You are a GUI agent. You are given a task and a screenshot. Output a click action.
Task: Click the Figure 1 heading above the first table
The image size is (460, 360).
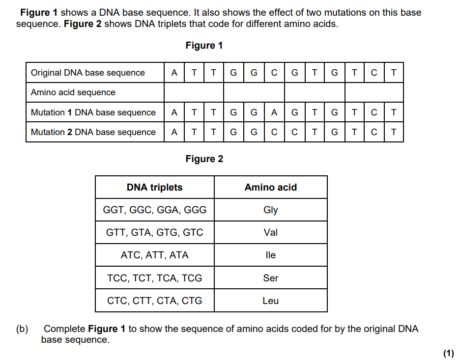click(x=204, y=46)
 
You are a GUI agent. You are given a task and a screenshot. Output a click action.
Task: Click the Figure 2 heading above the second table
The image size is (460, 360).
click(x=204, y=159)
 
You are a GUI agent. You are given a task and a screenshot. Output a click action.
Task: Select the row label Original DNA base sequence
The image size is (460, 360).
click(x=87, y=73)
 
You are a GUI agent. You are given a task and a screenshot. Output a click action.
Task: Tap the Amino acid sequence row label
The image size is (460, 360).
click(x=73, y=92)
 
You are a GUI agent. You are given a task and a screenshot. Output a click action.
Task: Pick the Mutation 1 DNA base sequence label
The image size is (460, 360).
click(x=93, y=112)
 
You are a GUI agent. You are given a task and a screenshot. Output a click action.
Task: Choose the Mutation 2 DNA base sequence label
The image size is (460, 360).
click(x=93, y=132)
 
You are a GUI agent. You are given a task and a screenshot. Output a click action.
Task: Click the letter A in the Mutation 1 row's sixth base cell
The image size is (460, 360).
click(x=274, y=112)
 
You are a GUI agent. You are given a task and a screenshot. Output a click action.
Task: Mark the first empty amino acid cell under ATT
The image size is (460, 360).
click(x=194, y=92)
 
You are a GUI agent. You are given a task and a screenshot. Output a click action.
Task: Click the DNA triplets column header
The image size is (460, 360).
click(x=155, y=187)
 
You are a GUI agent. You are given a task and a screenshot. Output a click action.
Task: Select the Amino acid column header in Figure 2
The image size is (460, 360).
click(x=270, y=187)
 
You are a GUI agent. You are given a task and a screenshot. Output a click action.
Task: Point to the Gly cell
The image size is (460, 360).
click(x=270, y=210)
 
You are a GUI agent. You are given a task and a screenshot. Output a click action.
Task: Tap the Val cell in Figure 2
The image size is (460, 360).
click(x=270, y=232)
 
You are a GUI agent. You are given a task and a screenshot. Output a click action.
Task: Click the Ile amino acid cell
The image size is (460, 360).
click(x=270, y=255)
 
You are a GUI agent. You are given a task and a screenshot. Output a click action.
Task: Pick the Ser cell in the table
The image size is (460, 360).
click(x=270, y=278)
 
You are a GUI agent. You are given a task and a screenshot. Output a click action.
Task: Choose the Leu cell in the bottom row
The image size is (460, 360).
click(x=270, y=301)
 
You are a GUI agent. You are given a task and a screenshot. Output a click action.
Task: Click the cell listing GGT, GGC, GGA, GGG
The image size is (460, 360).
click(x=155, y=210)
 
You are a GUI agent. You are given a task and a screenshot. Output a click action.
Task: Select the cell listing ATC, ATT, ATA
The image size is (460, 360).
click(x=155, y=255)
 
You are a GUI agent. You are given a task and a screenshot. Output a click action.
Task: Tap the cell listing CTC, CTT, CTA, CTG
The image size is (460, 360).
click(x=155, y=301)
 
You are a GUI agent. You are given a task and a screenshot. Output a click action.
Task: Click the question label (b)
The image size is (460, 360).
click(x=22, y=329)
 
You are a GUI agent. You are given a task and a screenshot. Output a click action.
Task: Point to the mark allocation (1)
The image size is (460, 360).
click(x=449, y=353)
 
